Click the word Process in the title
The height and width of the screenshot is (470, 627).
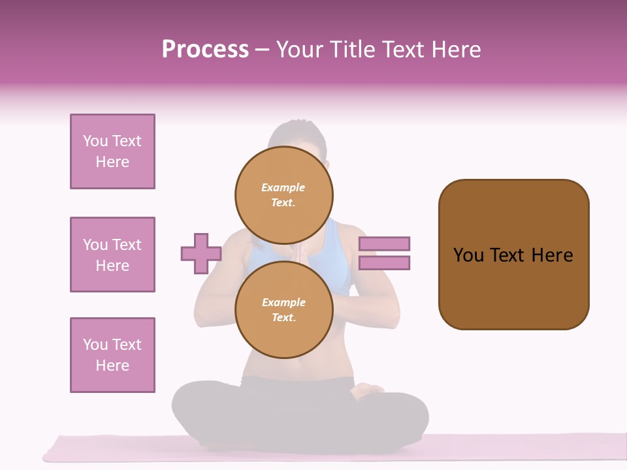[x=205, y=50]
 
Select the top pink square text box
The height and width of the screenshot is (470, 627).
[x=112, y=151]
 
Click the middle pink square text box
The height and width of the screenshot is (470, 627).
[x=112, y=255]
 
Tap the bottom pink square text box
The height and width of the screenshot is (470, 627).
[x=112, y=355]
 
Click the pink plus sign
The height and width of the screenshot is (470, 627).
[x=201, y=253]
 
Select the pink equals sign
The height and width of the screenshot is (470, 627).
[x=384, y=253]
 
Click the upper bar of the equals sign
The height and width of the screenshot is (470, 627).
[x=384, y=243]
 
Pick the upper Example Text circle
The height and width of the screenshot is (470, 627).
[x=284, y=195]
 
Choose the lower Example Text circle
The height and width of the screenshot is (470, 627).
[x=284, y=309]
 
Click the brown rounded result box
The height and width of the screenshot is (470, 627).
[x=513, y=255]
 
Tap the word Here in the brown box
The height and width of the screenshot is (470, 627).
[x=552, y=255]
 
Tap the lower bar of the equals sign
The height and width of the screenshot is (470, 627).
[x=384, y=263]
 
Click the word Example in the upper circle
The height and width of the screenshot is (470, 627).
[x=283, y=187]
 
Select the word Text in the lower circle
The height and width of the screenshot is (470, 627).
[x=283, y=318]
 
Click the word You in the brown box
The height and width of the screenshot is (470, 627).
[x=468, y=255]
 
